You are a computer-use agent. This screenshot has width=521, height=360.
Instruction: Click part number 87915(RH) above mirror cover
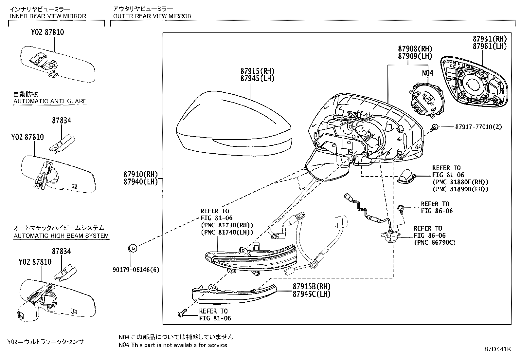[x=257, y=71]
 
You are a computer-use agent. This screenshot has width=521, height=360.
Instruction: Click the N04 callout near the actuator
[x=427, y=73]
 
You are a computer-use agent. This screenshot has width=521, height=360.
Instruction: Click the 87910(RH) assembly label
[x=141, y=174]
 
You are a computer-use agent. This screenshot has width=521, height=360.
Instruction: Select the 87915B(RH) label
[x=312, y=287]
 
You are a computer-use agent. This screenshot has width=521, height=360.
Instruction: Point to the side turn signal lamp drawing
[x=250, y=259]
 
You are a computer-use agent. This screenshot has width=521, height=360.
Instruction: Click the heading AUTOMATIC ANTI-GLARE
[x=50, y=101]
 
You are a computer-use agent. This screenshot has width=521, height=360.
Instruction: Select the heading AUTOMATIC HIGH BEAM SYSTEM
[x=61, y=236]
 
